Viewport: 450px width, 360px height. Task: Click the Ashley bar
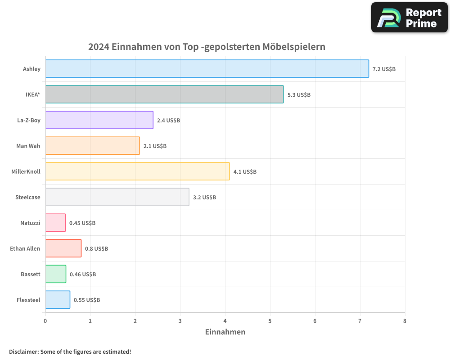(207, 69)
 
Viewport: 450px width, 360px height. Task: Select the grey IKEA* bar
(164, 94)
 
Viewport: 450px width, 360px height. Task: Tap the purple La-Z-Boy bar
(99, 120)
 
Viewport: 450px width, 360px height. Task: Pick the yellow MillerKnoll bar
(137, 171)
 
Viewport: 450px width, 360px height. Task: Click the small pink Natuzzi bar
(55, 223)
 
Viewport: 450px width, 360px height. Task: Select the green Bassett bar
(56, 274)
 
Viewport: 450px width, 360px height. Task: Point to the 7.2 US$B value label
(384, 69)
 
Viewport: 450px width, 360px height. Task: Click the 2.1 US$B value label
(155, 146)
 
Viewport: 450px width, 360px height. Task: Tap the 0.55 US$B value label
(87, 300)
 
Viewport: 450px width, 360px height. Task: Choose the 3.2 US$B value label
(204, 197)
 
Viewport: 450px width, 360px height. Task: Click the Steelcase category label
(27, 197)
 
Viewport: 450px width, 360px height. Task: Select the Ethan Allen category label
(25, 248)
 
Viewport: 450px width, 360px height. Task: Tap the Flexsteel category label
(28, 300)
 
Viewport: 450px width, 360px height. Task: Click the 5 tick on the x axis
(270, 321)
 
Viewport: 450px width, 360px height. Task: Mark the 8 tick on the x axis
(405, 321)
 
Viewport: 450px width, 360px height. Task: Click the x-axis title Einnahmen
(225, 332)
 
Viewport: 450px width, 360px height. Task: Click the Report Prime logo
(409, 18)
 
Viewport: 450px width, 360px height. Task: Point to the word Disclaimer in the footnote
(23, 351)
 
